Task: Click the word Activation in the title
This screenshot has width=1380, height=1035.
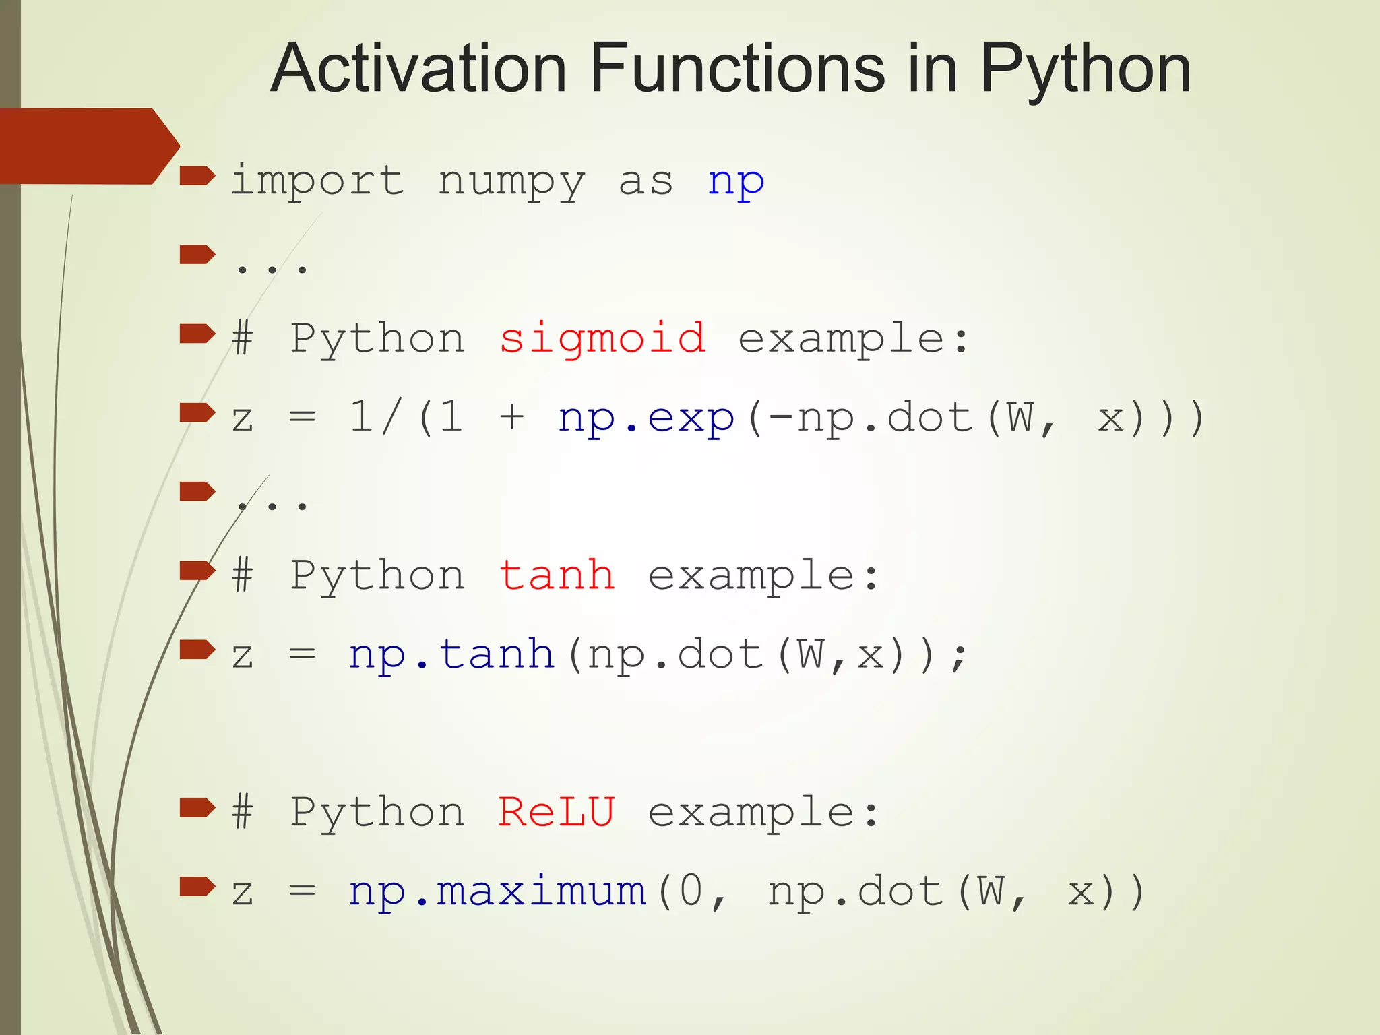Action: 418,69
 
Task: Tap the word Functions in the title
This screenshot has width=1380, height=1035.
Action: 737,69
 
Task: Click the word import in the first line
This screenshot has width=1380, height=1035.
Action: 317,181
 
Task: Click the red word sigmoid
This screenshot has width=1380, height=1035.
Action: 602,339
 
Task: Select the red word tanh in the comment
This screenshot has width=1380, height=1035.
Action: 557,575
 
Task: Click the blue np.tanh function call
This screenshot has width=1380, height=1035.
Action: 451,654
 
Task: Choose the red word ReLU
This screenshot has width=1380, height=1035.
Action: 557,812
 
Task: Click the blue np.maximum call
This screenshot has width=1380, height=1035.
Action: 497,891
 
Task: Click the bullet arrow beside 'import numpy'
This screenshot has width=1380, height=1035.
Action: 197,177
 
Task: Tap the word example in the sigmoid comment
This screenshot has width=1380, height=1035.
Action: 853,339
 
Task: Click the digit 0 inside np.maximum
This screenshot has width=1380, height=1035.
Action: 691,891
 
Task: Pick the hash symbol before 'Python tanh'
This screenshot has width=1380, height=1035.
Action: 243,575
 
